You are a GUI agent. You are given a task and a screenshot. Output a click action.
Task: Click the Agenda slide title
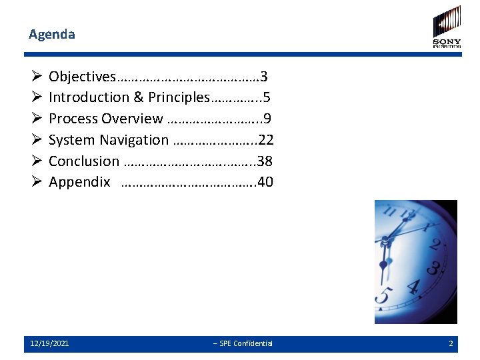coord(52,34)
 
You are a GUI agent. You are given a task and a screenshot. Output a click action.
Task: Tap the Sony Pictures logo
coord(447,27)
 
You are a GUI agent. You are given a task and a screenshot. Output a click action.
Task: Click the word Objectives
coord(82,76)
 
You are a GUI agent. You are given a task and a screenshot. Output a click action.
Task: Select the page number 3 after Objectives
coord(264,76)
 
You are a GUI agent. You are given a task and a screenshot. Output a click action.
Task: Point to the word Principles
coord(179,97)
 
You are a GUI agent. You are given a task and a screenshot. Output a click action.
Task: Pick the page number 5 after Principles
coord(267,97)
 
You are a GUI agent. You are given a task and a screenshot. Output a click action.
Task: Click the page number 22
coord(266,140)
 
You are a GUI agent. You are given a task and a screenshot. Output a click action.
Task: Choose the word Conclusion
coord(84,161)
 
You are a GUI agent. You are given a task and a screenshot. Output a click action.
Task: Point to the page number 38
coord(265,161)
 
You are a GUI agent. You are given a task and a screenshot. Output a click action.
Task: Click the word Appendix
coord(79,183)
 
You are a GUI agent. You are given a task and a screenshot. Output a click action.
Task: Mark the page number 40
coord(265,183)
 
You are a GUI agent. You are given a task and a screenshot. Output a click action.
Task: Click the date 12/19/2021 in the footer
coord(49,344)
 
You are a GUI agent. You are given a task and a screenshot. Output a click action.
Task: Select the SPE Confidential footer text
coord(243,344)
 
